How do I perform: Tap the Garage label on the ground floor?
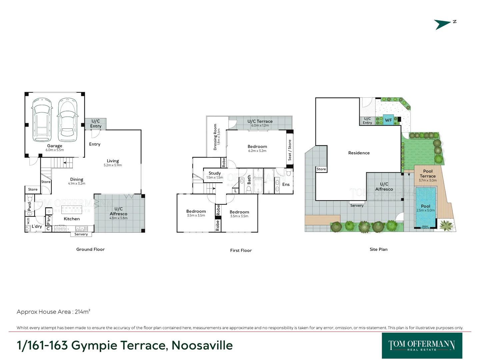pyautogui.click(x=55, y=146)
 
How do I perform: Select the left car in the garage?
pyautogui.click(x=42, y=120)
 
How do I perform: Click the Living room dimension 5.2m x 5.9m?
pyautogui.click(x=113, y=165)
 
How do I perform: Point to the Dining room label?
pyautogui.click(x=77, y=179)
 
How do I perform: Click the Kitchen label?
pyautogui.click(x=72, y=219)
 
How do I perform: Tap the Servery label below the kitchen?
pyautogui.click(x=81, y=234)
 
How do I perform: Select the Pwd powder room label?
pyautogui.click(x=29, y=206)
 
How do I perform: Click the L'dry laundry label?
pyautogui.click(x=37, y=226)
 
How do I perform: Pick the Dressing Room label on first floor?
pyautogui.click(x=215, y=137)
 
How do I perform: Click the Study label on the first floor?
pyautogui.click(x=215, y=173)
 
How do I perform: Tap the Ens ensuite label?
pyautogui.click(x=286, y=184)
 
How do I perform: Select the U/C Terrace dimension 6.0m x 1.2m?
pyautogui.click(x=260, y=126)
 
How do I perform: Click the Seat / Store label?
pyautogui.click(x=290, y=150)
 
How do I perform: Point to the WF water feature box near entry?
pyautogui.click(x=388, y=120)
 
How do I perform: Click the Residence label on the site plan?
pyautogui.click(x=359, y=153)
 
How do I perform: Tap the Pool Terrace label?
pyautogui.click(x=428, y=173)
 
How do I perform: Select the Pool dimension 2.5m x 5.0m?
pyautogui.click(x=426, y=210)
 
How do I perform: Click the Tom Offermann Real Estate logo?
pyautogui.click(x=422, y=345)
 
